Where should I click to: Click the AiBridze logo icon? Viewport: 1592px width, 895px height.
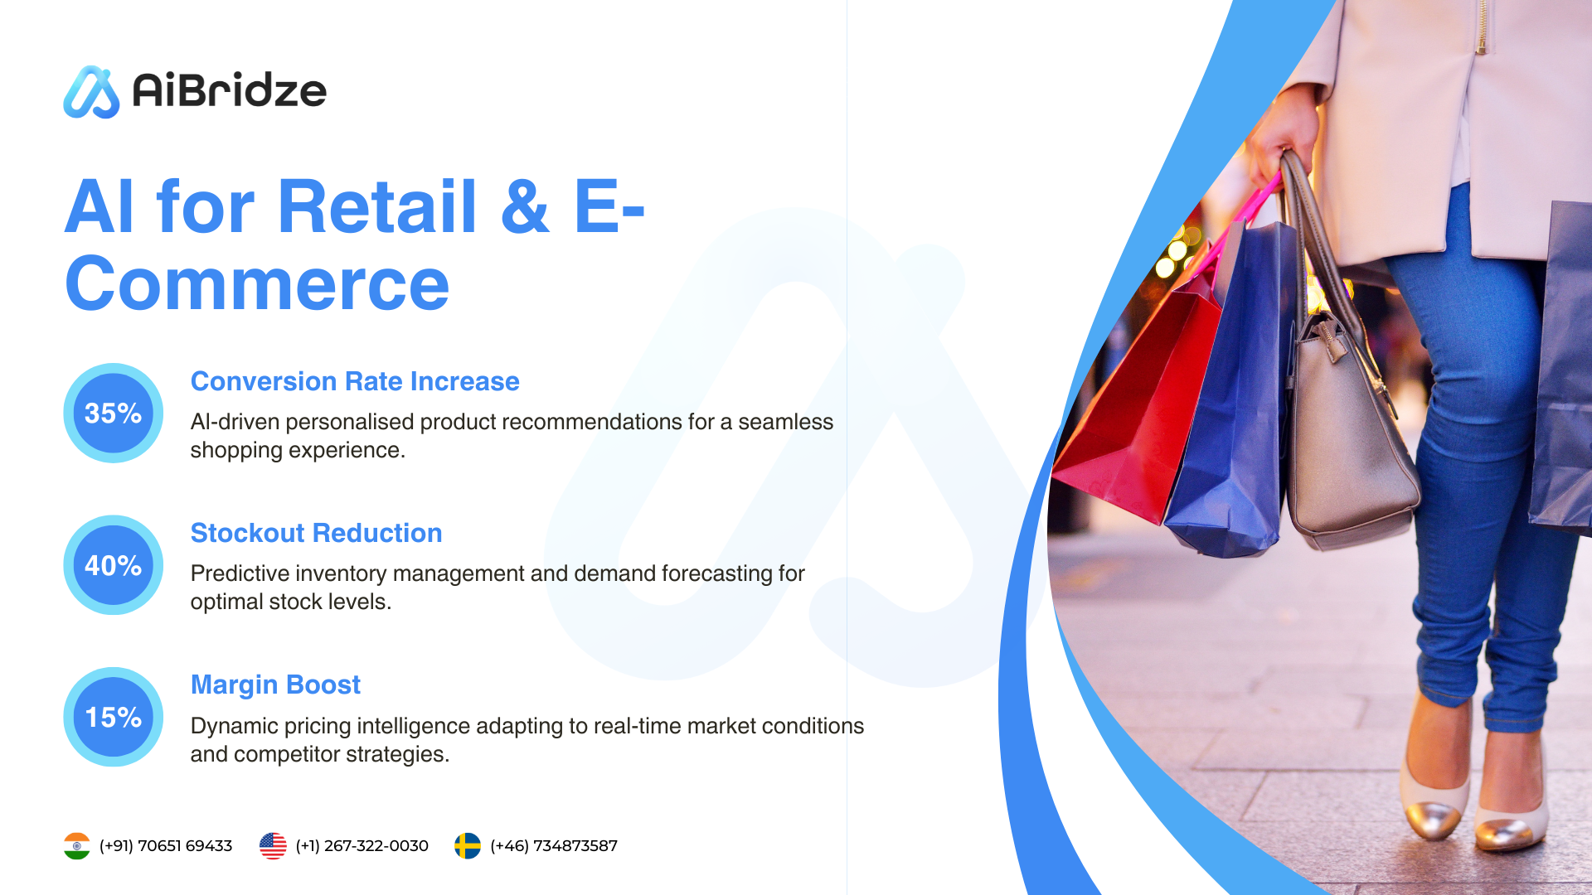click(x=91, y=92)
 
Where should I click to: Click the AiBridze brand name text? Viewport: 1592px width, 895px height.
click(x=230, y=90)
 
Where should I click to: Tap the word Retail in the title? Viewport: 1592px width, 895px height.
click(x=377, y=206)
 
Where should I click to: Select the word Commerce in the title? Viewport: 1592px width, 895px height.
click(x=257, y=284)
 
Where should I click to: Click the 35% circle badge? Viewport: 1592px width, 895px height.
click(x=114, y=413)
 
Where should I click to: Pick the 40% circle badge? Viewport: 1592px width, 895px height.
click(x=114, y=565)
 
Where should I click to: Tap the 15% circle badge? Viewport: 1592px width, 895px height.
click(x=114, y=717)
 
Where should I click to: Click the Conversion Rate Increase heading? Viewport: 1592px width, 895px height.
click(x=355, y=381)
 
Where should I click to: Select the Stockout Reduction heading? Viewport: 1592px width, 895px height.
click(x=316, y=533)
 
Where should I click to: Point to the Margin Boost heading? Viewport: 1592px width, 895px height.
click(x=275, y=685)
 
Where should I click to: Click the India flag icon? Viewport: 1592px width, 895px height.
click(x=77, y=846)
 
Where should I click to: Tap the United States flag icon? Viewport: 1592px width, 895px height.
click(x=273, y=846)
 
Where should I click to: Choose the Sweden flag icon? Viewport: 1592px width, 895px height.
click(x=468, y=846)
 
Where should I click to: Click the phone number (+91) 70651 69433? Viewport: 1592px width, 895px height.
click(x=166, y=846)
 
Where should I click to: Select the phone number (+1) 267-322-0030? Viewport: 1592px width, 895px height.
click(x=362, y=846)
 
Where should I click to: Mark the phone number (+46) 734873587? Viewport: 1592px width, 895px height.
click(x=554, y=846)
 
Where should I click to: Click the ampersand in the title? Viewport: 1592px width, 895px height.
click(x=525, y=206)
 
